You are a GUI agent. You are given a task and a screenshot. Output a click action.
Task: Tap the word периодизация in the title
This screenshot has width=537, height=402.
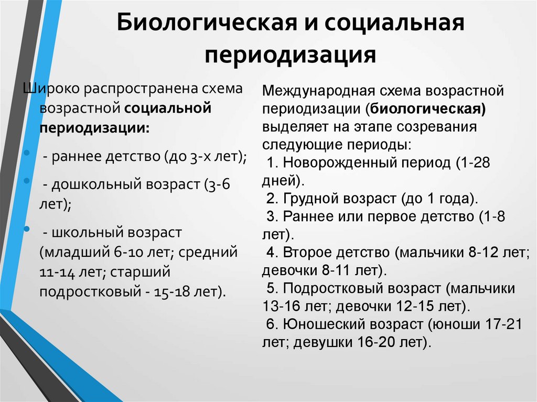click(291, 55)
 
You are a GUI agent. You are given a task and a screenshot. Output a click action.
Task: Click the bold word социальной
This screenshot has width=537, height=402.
click(168, 108)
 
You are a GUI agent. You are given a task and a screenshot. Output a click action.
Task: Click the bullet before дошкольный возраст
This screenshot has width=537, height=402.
click(26, 180)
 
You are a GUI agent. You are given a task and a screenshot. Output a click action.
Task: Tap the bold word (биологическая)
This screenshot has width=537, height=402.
click(426, 109)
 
